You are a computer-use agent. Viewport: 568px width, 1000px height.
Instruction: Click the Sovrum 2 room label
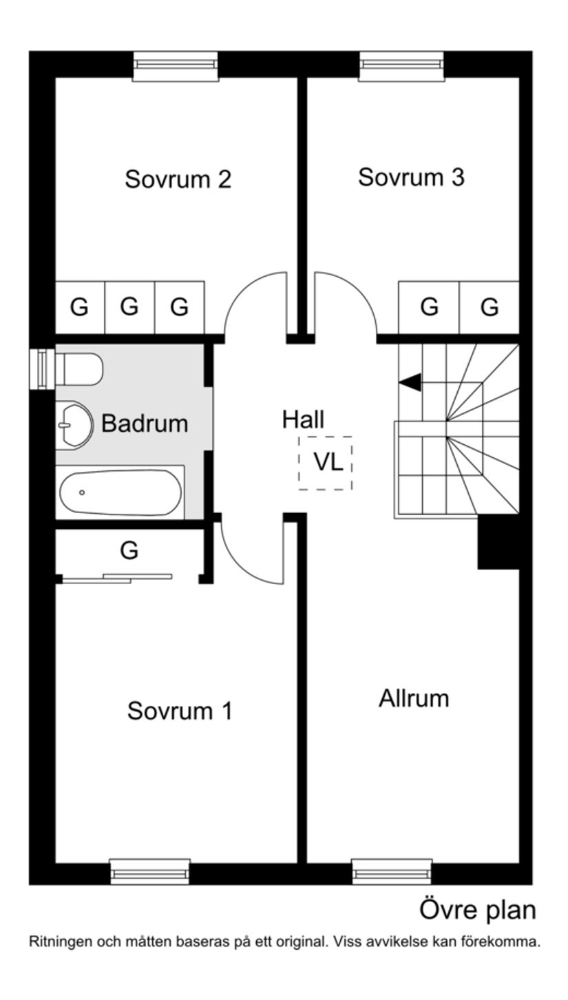coord(178,179)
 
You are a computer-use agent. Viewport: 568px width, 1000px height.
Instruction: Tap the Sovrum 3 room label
coord(411,177)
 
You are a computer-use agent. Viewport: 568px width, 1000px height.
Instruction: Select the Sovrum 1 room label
coord(180,711)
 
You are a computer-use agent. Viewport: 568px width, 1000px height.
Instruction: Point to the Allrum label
coord(414,698)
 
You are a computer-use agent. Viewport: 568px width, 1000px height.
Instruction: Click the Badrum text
coord(145,423)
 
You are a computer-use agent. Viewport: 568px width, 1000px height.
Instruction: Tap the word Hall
coord(303,419)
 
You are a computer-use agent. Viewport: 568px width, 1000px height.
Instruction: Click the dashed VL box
coord(326,463)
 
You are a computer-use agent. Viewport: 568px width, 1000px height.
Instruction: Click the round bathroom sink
coord(72,426)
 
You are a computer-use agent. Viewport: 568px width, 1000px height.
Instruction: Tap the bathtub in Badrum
coord(120,492)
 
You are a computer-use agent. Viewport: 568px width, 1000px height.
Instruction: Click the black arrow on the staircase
coord(410,382)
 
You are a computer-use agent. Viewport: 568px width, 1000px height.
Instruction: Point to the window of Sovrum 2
coord(175,65)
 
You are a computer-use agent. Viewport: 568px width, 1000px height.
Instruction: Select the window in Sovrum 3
coord(401,65)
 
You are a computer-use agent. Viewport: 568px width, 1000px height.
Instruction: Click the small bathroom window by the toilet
coord(43,368)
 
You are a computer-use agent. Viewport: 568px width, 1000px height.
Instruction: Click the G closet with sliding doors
coord(129,551)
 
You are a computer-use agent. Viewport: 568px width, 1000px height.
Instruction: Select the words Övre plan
coord(477,910)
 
